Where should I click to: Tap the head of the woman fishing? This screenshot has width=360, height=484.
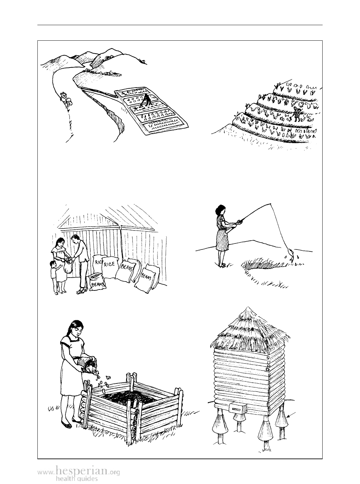click(x=220, y=211)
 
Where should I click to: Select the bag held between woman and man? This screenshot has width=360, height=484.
click(x=68, y=267)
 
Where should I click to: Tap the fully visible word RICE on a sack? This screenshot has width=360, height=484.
click(x=110, y=264)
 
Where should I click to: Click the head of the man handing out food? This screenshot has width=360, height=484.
click(x=75, y=240)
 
